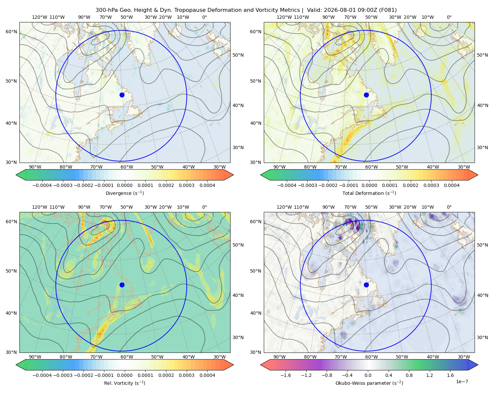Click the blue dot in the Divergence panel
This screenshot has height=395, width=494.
click(122, 95)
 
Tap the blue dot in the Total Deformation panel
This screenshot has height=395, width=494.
click(366, 95)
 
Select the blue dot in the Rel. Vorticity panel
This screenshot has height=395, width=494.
click(122, 285)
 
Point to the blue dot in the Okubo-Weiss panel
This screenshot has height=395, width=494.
click(366, 285)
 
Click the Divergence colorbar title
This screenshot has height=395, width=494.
click(124, 193)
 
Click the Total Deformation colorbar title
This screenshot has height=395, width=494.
click(369, 193)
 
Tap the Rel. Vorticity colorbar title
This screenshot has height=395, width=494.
click(124, 383)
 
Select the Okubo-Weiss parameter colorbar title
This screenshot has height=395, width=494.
click(369, 383)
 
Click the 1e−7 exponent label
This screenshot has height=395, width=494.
click(462, 382)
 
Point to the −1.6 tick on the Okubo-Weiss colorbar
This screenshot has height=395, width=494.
click(286, 375)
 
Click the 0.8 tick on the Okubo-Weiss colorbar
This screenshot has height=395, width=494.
click(409, 375)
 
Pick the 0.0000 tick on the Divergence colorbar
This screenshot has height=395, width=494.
click(124, 185)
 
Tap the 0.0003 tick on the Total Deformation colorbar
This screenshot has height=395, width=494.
click(431, 185)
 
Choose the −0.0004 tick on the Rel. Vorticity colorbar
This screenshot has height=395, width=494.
click(42, 375)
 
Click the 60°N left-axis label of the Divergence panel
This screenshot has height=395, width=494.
click(11, 32)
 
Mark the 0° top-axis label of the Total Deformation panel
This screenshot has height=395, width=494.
click(449, 17)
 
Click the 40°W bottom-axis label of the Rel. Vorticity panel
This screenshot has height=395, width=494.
click(188, 357)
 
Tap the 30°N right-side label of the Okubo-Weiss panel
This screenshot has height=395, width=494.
click(482, 337)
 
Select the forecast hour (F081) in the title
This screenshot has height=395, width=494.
click(388, 10)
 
